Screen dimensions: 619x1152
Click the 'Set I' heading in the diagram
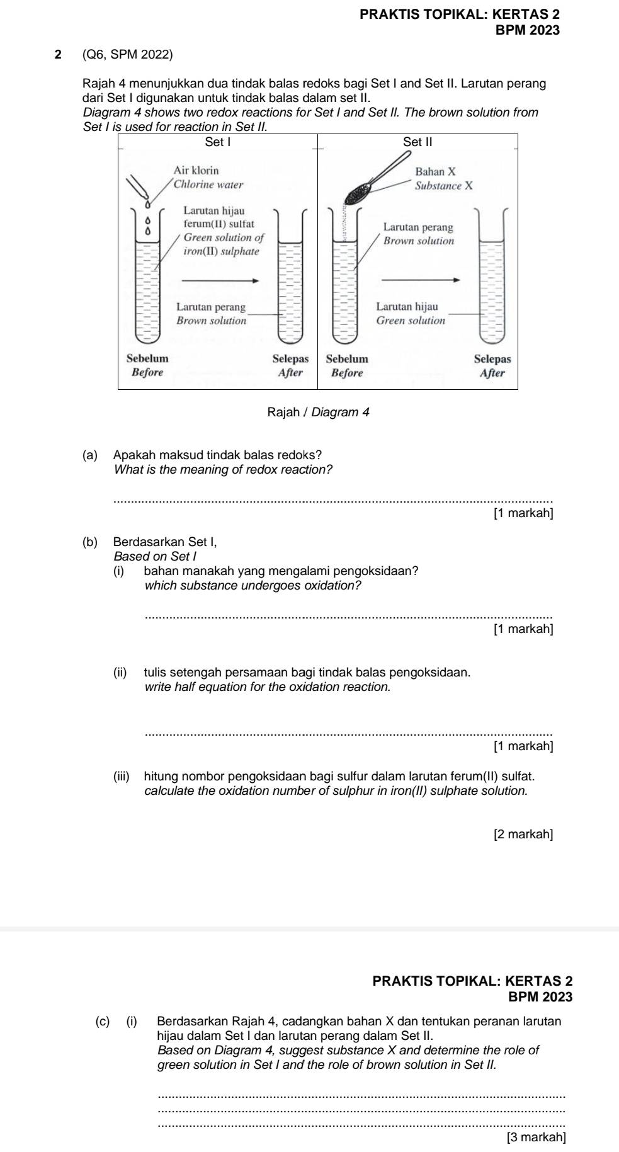coord(218,142)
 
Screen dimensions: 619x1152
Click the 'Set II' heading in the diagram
coord(418,142)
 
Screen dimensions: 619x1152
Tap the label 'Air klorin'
coord(196,171)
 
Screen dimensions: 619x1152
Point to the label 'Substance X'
coord(444,186)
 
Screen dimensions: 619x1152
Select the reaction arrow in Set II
coord(421,281)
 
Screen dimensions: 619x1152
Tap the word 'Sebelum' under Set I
coord(147,358)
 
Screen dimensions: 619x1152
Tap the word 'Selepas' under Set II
coord(492,358)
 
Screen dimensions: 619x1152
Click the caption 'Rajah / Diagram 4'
coord(318,413)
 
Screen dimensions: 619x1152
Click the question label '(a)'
coord(90,455)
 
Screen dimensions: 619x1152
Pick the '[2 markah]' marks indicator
coord(524,835)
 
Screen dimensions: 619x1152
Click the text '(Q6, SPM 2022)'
coord(127,55)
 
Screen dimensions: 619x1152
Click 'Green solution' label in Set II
coord(411,321)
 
